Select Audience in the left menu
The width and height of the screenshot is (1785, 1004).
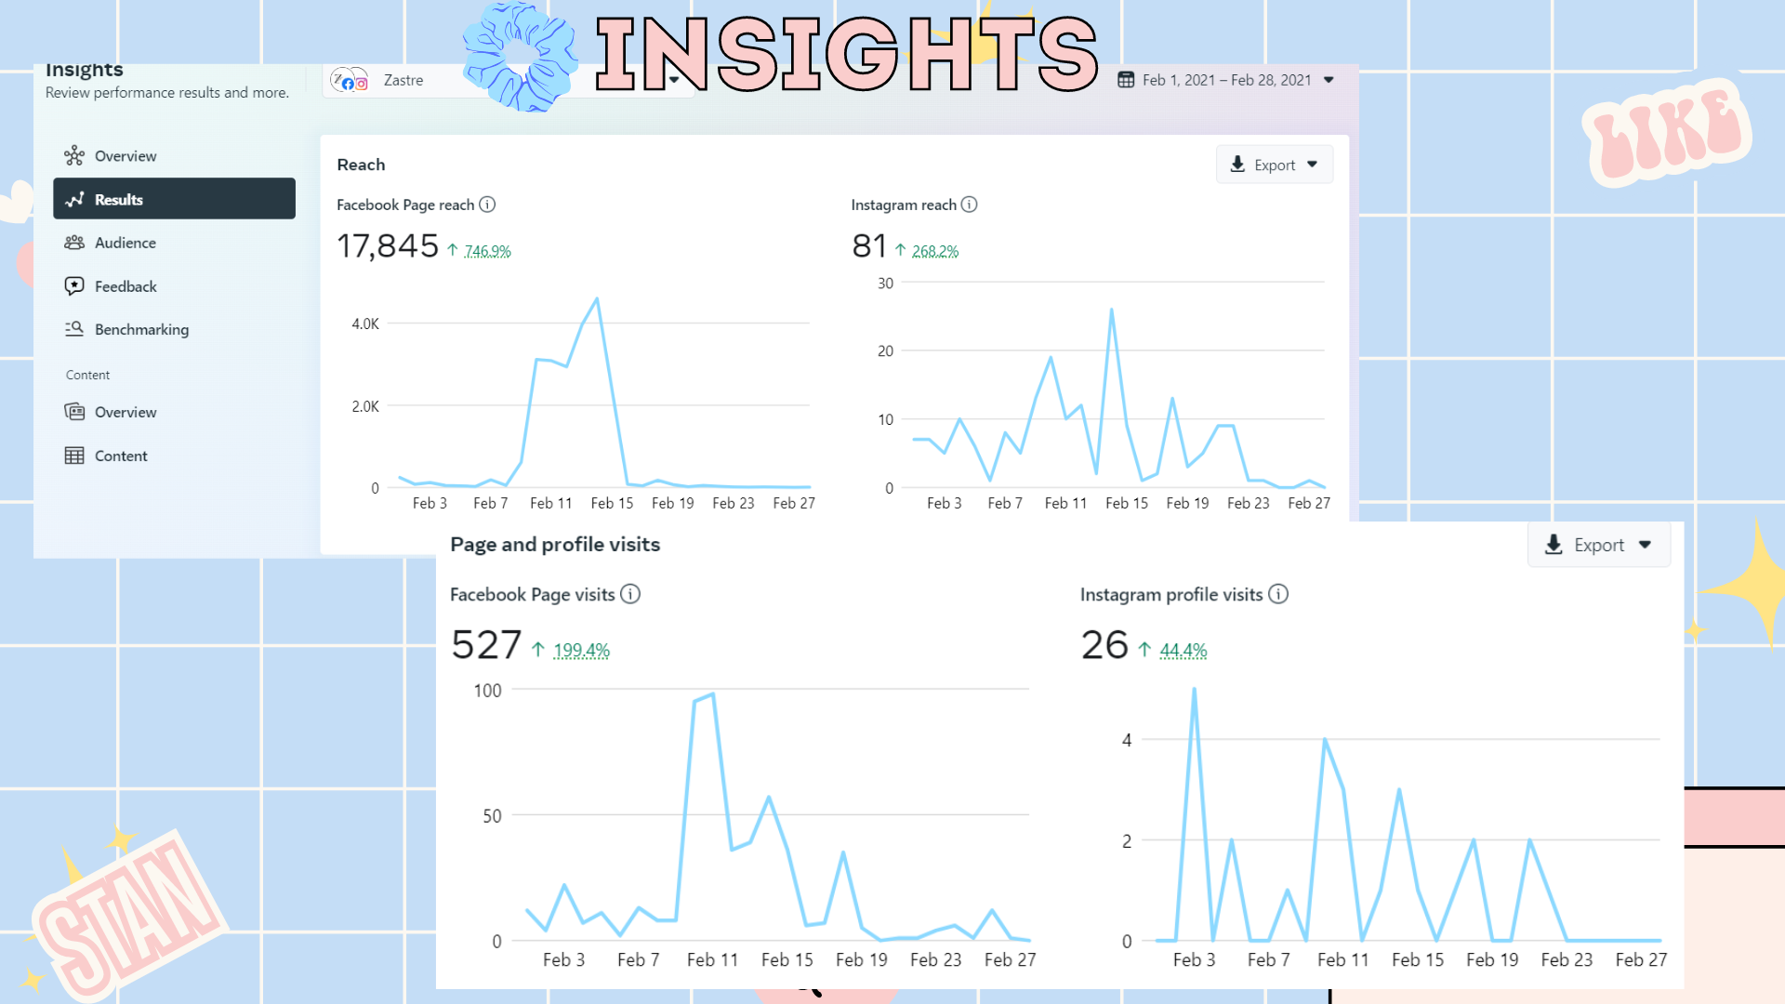point(125,243)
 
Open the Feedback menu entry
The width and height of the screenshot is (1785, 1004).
point(126,286)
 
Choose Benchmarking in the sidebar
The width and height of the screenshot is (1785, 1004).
point(141,329)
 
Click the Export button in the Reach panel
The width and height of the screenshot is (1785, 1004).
point(1274,165)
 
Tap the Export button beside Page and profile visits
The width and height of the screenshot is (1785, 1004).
point(1598,546)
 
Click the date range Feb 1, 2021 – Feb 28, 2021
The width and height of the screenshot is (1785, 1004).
point(1226,80)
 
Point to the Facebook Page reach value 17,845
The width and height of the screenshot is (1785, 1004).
point(387,246)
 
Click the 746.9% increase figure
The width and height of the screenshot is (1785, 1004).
point(487,251)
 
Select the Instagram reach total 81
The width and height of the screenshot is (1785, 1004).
point(869,246)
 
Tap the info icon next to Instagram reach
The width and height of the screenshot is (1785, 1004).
point(969,205)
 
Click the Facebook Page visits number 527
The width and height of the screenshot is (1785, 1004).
point(486,645)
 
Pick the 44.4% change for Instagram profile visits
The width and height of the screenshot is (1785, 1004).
point(1183,651)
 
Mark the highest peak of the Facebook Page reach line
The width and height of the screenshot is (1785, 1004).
point(597,299)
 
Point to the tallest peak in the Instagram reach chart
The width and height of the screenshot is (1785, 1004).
point(1111,310)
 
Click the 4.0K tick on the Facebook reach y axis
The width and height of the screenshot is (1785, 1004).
point(365,324)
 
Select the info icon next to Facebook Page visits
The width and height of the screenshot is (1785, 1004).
point(630,594)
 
